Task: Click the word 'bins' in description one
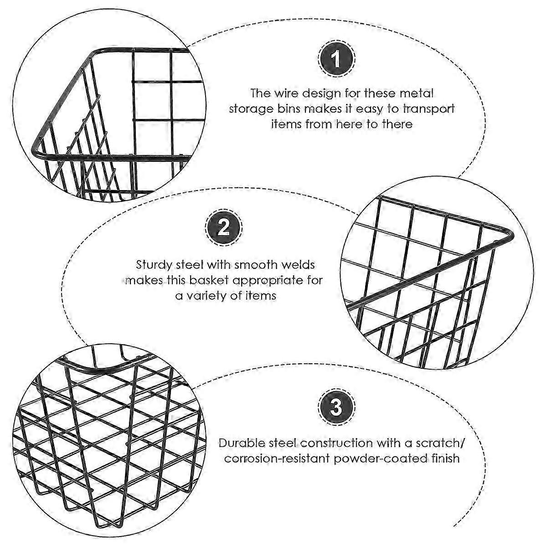pyautogui.click(x=314, y=109)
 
